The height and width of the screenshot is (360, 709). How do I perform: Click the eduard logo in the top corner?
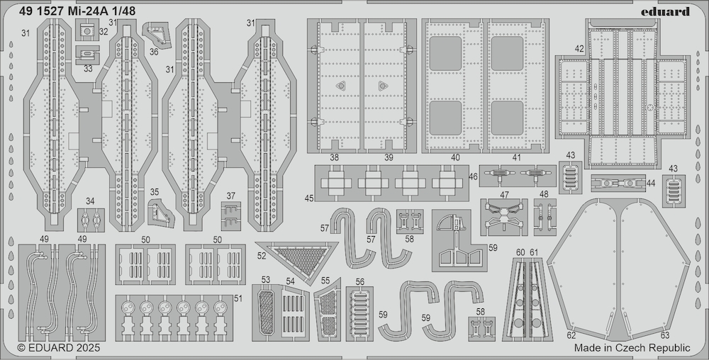pos(665,11)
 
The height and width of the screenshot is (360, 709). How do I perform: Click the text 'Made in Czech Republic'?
pos(632,348)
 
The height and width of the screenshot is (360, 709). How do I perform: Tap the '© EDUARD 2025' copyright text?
pos(59,348)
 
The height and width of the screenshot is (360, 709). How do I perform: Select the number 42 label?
pos(580,49)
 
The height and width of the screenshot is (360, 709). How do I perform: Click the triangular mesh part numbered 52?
pos(301,259)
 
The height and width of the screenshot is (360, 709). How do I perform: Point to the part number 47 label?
pos(505,195)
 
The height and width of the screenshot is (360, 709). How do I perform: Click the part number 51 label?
pos(238,298)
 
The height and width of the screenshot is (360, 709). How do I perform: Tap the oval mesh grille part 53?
pos(267,313)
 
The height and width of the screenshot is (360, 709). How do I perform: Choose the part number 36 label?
pos(154,52)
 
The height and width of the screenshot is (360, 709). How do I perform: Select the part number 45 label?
pos(309,198)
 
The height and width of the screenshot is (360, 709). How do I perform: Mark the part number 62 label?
pos(571,336)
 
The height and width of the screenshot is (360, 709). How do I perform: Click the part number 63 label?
pos(665,336)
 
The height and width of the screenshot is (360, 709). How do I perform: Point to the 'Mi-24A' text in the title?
pos(88,11)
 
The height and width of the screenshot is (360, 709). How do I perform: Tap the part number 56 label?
pos(360,282)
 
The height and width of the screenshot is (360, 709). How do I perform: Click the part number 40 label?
pos(455,157)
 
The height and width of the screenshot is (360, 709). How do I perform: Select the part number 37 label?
pos(231,196)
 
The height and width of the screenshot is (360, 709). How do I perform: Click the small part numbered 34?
pos(91,220)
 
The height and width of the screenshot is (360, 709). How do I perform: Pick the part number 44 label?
pos(651,183)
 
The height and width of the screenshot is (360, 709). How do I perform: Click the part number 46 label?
pos(473,176)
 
